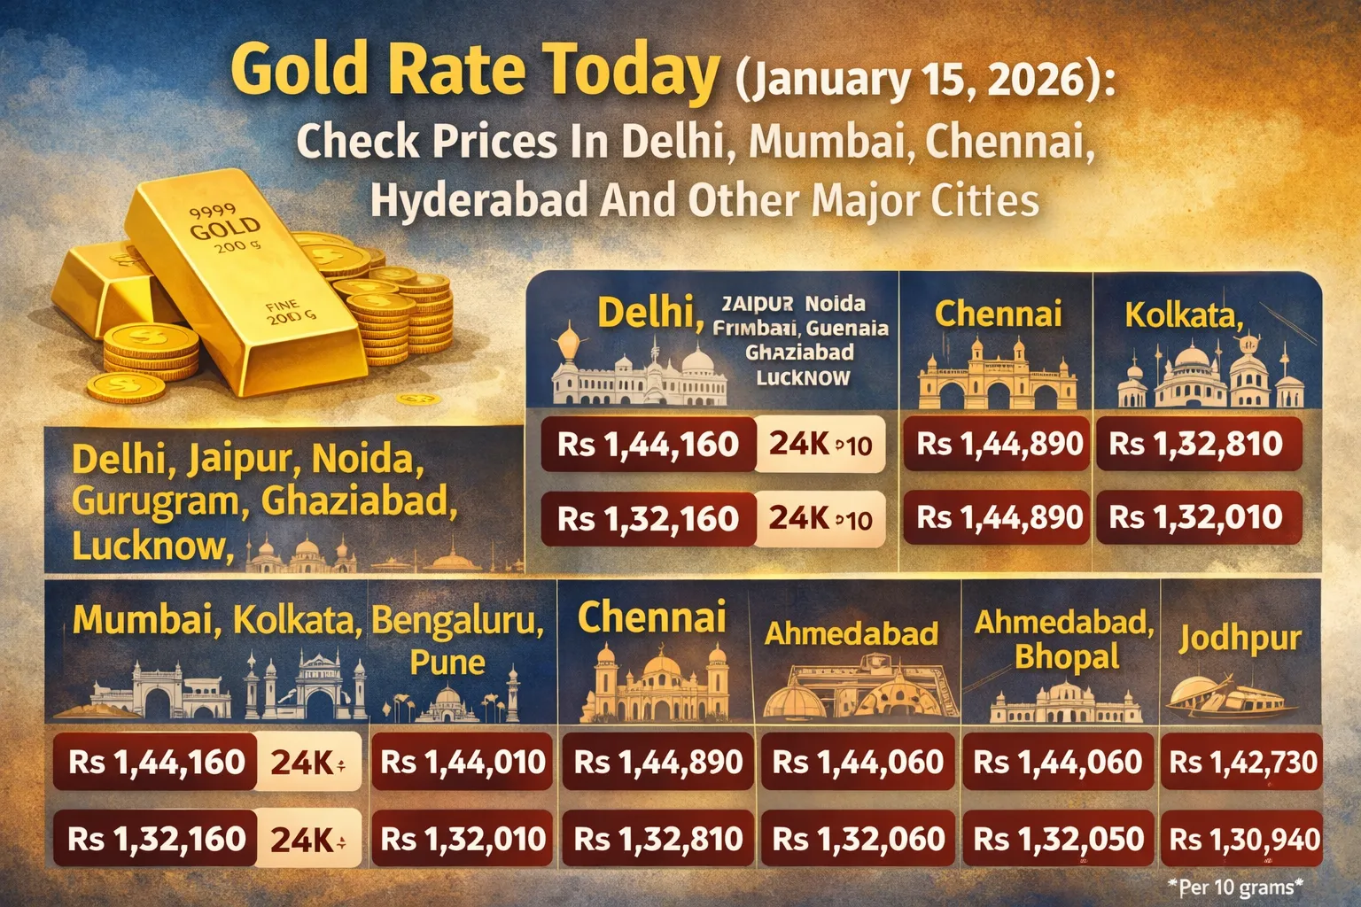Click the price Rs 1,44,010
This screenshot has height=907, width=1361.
(463, 763)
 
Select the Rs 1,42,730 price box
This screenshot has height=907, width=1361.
(1243, 763)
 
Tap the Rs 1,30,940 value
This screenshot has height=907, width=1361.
(1244, 839)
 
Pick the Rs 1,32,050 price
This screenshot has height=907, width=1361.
(1058, 839)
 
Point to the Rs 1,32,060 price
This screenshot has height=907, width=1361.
(858, 839)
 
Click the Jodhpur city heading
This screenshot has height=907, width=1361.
(1240, 639)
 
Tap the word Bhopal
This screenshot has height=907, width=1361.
(1067, 657)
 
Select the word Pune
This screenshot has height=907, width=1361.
(447, 663)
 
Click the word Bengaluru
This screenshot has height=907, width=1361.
(457, 621)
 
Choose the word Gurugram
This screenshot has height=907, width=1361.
(160, 501)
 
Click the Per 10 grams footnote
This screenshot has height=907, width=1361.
(1236, 887)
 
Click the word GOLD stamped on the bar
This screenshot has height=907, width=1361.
(225, 228)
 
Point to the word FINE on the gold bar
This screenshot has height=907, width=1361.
(282, 306)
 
